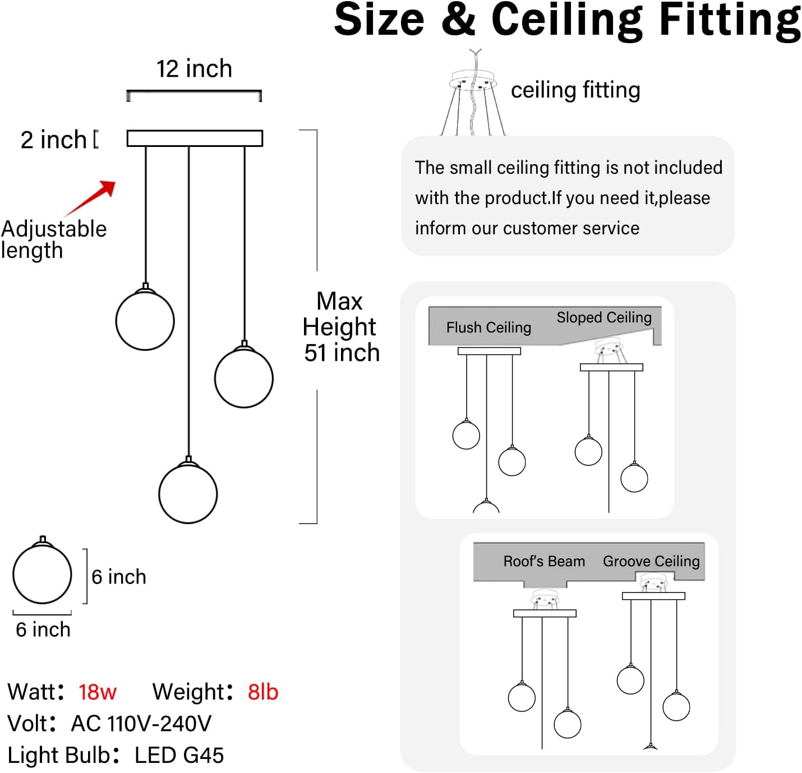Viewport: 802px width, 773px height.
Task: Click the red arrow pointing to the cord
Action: pos(90,198)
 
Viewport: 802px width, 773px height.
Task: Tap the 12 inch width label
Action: pos(194,68)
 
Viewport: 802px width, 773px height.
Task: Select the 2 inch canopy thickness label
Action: pos(54,140)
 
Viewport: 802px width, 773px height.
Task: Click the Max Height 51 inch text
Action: pos(340,327)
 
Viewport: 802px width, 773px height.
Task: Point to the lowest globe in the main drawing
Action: pos(188,493)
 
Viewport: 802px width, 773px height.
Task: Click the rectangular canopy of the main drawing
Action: pos(195,138)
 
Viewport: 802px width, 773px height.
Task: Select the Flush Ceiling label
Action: pos(488,327)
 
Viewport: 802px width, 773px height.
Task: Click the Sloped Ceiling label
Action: pos(604,317)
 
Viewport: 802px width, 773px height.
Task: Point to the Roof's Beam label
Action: pos(544,561)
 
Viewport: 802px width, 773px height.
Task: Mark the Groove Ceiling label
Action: pos(651,561)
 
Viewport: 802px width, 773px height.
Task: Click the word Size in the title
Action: pos(379,20)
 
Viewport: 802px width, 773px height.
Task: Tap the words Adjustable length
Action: pos(54,240)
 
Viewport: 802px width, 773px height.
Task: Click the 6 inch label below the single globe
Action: pos(43,629)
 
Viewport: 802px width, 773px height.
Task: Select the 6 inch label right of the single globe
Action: pos(119,577)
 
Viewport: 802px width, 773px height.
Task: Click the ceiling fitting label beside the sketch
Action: pos(575,90)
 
